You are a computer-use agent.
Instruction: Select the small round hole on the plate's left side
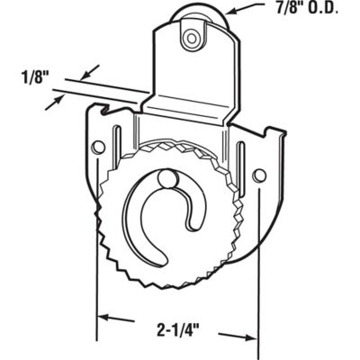click(x=100, y=146)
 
